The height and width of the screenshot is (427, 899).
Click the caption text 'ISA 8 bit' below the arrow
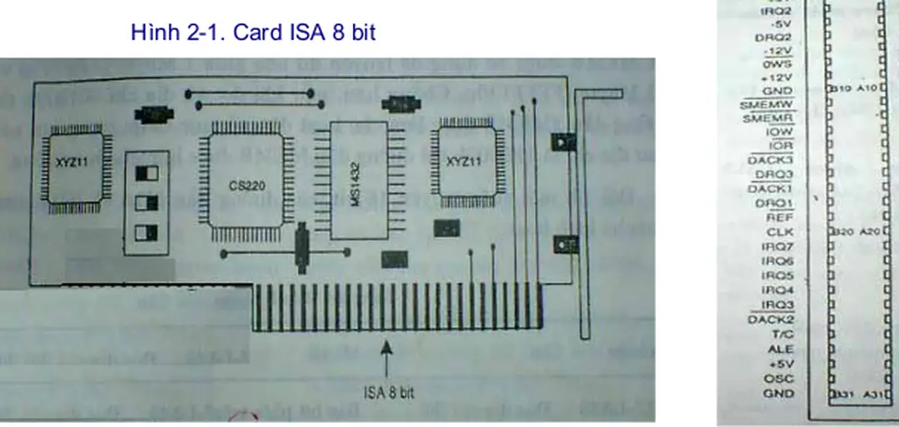389,393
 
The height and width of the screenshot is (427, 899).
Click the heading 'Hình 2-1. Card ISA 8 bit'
253,32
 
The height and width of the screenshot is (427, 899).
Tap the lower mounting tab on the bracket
564,244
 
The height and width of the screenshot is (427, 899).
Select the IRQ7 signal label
777,247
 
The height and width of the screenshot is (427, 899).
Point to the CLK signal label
780,233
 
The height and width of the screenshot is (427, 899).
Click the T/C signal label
782,335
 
